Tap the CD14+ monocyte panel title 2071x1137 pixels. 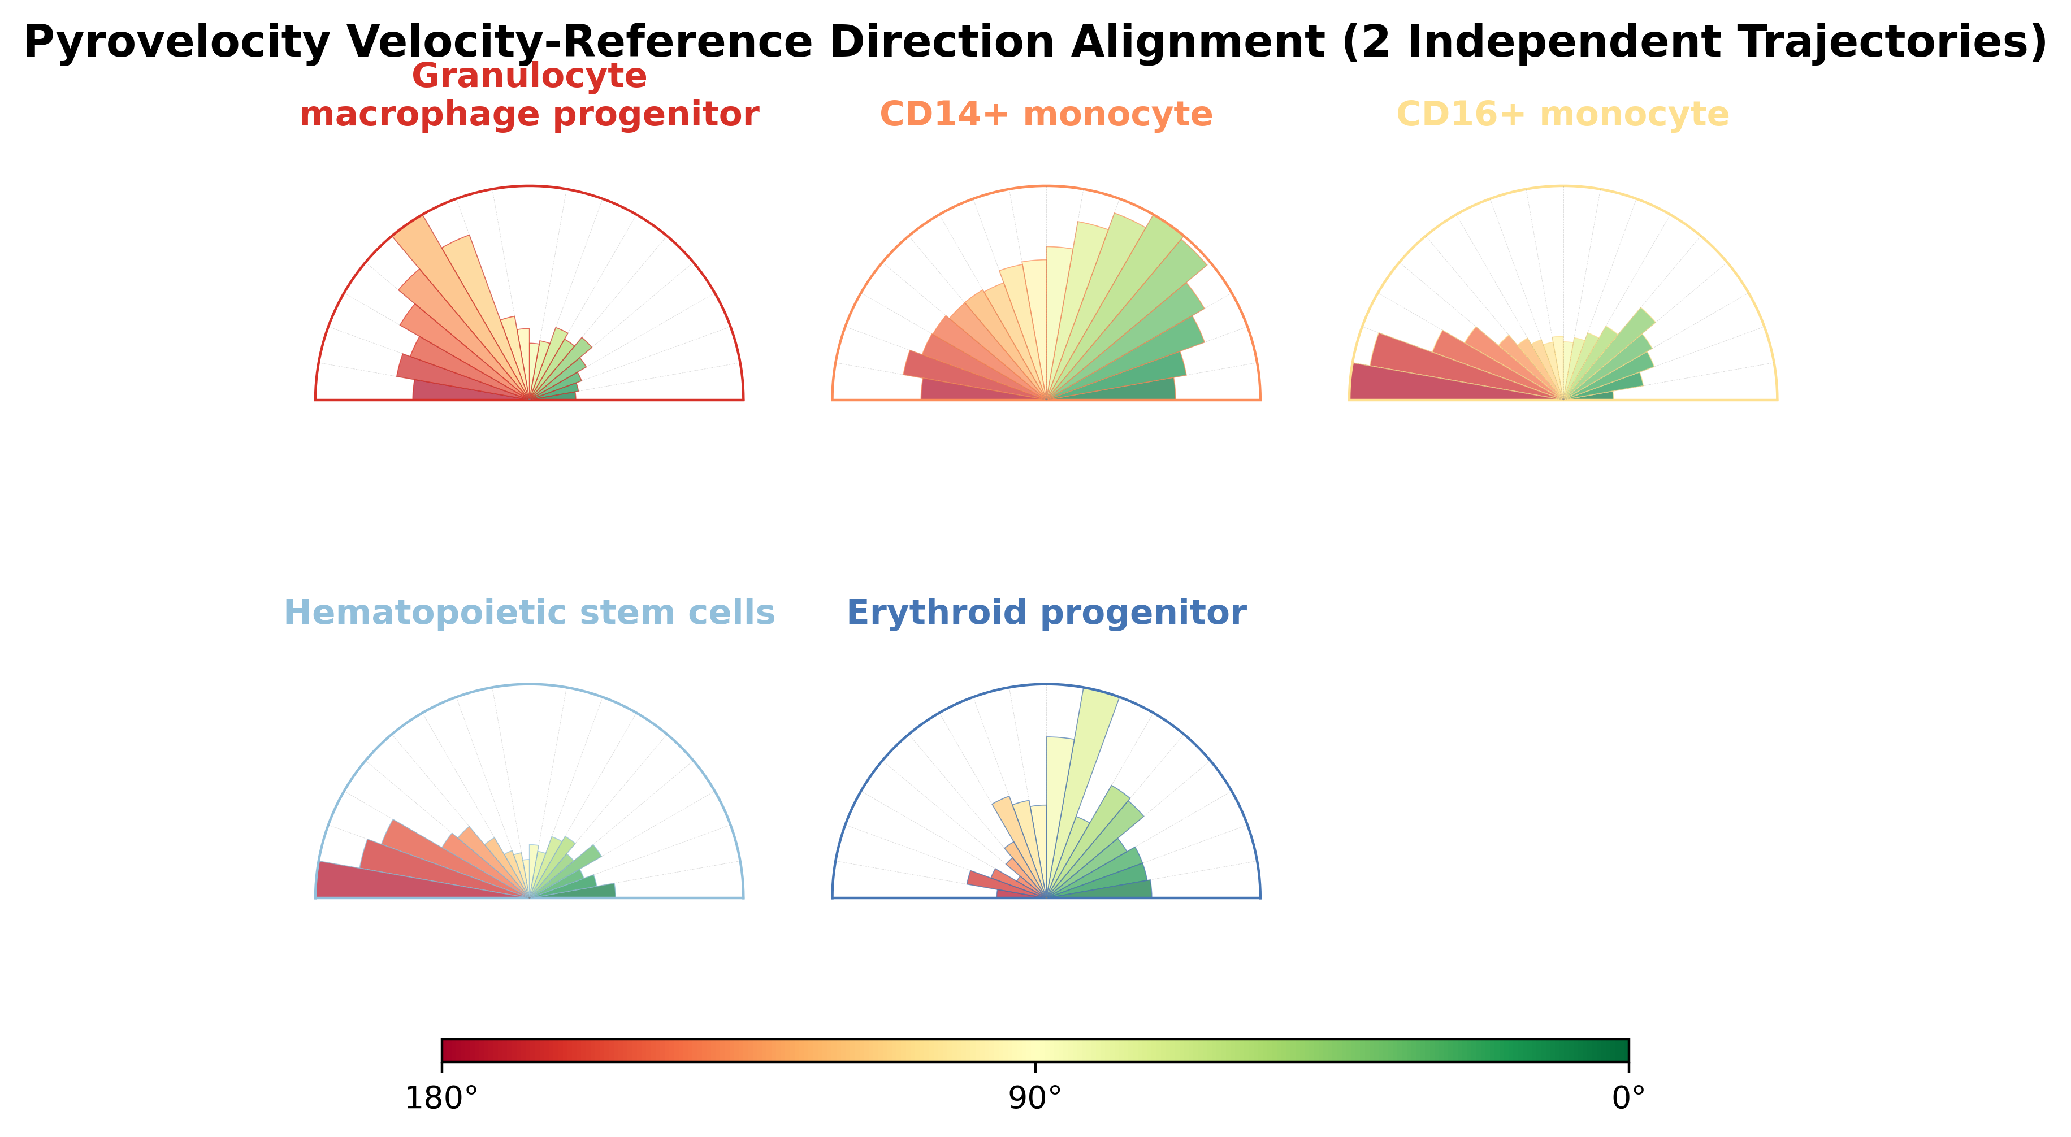[x=1046, y=114]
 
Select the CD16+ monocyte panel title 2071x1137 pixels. [x=1563, y=114]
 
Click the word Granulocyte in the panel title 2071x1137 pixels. [x=529, y=76]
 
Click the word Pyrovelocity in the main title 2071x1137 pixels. [x=176, y=42]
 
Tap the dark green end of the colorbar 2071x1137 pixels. [x=1622, y=1050]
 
